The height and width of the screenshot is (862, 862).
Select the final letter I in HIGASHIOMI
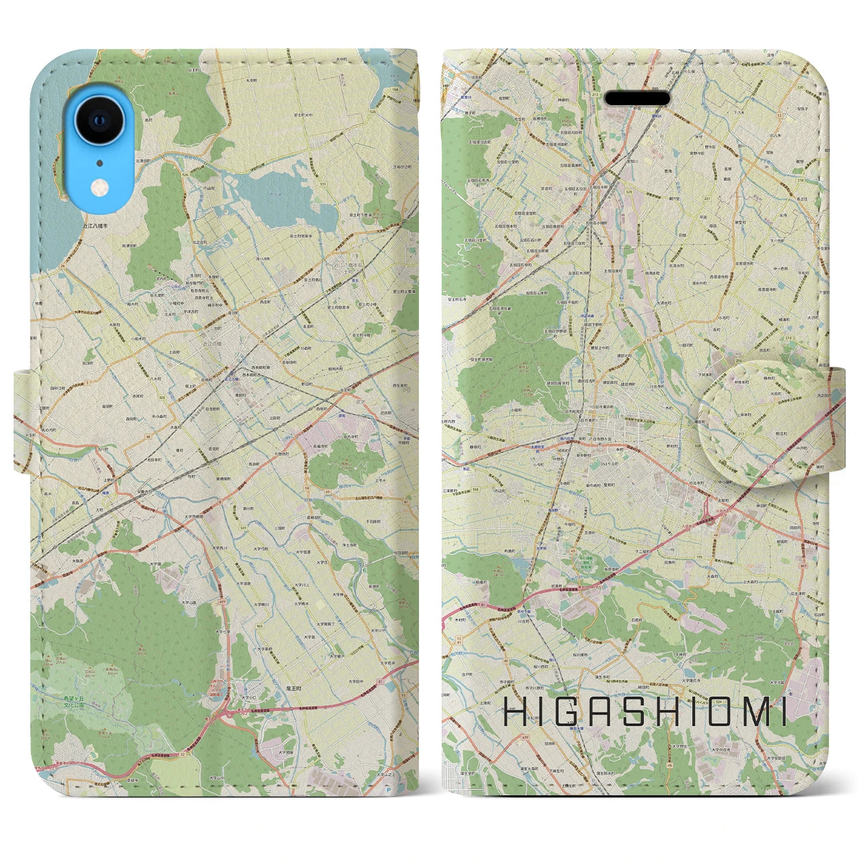(x=783, y=715)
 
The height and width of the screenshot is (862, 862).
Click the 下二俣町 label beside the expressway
(x=632, y=551)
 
